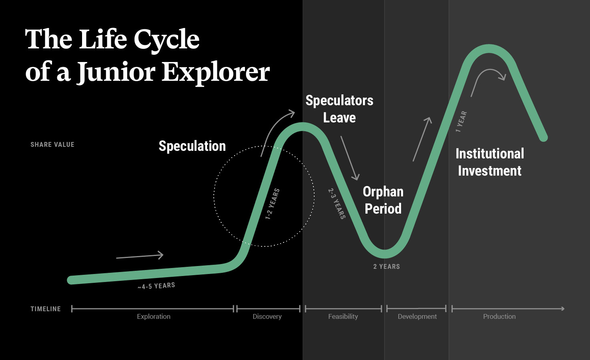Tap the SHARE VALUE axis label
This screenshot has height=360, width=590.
52,144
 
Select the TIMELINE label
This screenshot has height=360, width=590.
46,309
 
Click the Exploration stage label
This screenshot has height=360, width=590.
154,316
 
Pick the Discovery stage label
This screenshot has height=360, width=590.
267,316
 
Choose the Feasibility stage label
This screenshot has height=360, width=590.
343,316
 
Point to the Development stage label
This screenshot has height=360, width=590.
417,316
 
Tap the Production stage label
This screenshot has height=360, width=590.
500,316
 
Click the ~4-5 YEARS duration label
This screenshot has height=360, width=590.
156,286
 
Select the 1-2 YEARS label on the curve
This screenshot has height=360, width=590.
272,204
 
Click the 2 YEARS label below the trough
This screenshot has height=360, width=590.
386,266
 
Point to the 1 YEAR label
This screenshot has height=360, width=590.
461,121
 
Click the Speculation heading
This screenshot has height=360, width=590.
192,146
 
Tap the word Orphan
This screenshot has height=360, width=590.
383,192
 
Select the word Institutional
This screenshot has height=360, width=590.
490,154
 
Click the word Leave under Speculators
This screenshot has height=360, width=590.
339,118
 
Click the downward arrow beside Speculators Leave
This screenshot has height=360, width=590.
350,158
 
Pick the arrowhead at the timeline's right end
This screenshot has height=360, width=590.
563,309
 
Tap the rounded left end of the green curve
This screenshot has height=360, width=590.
72,280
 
